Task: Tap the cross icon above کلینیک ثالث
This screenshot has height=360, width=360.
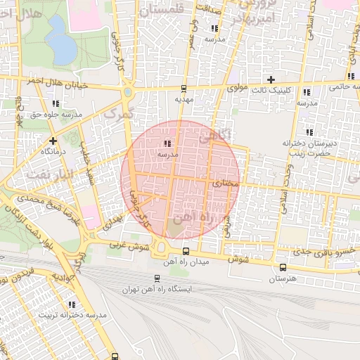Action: coord(271,79)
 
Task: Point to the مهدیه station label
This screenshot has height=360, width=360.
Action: coord(184,100)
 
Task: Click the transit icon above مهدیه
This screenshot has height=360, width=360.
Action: coord(184,89)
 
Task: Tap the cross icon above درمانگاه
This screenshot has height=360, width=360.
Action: coord(53,141)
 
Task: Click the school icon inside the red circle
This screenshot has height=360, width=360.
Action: coord(167,143)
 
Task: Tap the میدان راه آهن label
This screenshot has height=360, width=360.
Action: coord(185,262)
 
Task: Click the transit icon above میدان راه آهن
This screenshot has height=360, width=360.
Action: coord(186,251)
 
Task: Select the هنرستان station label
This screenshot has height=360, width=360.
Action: coord(283,278)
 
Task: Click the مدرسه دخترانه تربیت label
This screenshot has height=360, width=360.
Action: coord(72,315)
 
